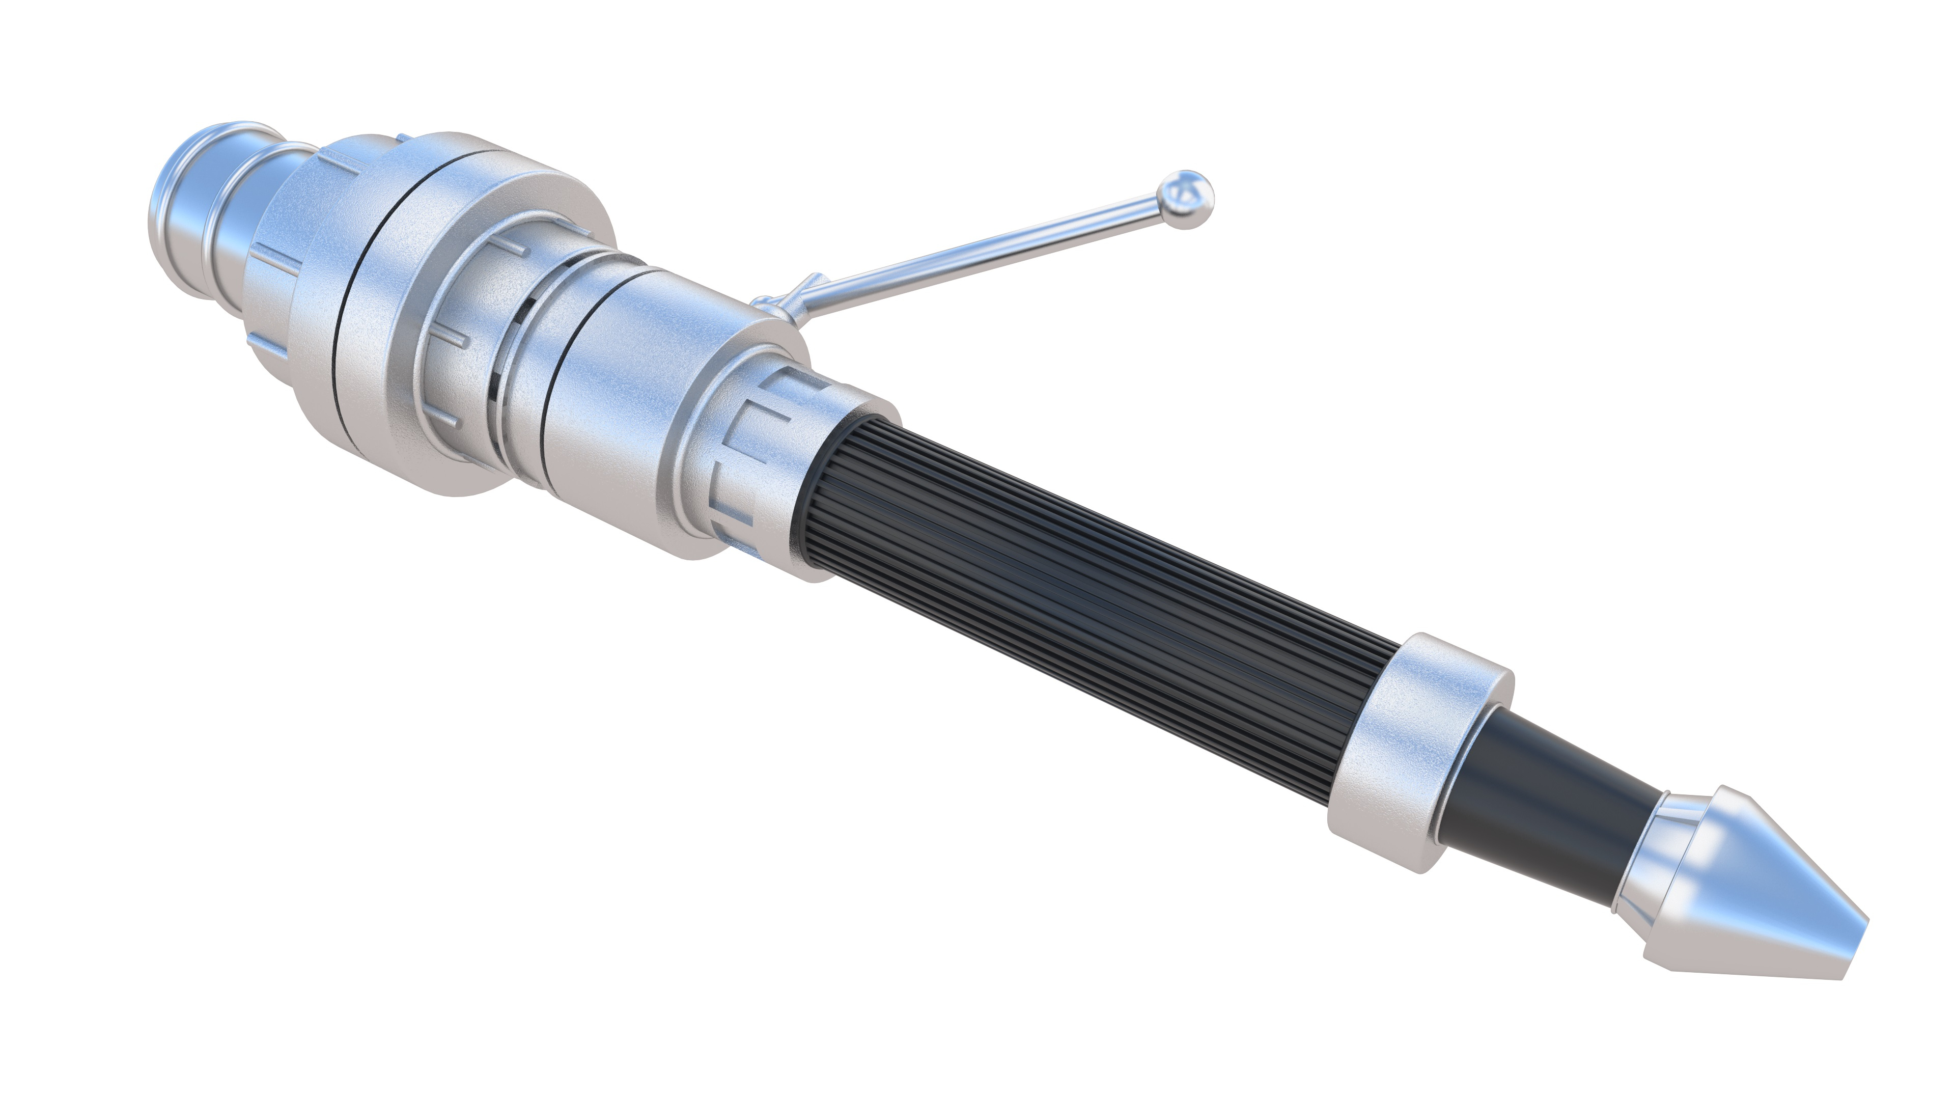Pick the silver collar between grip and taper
[x=1412, y=752]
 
